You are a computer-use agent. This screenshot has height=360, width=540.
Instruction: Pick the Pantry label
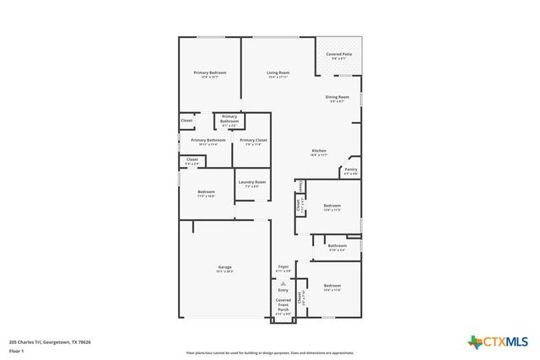(351, 172)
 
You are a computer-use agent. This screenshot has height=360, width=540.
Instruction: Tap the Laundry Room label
(251, 184)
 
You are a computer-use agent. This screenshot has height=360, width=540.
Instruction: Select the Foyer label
(283, 268)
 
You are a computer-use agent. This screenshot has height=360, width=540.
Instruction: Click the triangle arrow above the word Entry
(283, 283)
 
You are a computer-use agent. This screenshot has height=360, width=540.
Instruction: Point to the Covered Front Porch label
(283, 306)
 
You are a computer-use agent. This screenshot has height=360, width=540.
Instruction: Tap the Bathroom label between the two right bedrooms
(337, 247)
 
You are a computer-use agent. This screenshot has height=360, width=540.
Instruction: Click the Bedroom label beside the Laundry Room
(207, 193)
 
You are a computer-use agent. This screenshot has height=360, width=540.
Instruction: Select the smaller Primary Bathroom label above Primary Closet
(229, 120)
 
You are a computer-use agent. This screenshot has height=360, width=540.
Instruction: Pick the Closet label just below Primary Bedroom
(186, 121)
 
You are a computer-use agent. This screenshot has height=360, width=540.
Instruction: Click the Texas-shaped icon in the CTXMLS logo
(475, 341)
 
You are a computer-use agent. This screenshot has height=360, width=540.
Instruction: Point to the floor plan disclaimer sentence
(270, 353)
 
